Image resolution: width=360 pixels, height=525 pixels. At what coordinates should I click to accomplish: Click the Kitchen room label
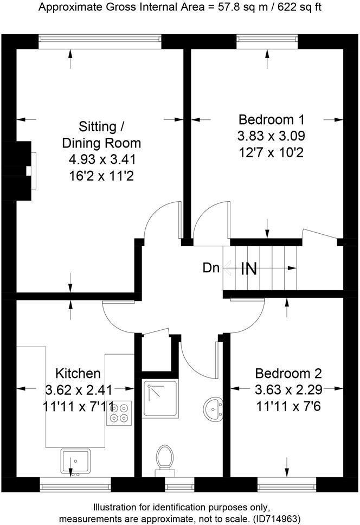(78, 373)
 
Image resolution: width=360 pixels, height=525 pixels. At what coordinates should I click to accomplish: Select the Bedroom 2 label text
(288, 373)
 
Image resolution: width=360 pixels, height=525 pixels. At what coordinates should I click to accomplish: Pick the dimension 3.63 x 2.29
(288, 389)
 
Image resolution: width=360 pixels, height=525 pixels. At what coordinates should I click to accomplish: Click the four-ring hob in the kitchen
(119, 412)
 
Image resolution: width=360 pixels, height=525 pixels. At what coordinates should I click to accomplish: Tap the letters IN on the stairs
(248, 268)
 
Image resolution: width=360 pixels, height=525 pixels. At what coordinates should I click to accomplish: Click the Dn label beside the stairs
(211, 267)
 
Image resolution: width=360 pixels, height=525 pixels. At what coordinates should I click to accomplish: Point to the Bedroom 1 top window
(267, 39)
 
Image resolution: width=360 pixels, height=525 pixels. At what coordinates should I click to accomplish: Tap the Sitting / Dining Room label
(101, 135)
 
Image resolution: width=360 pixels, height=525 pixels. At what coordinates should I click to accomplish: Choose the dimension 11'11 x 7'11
(78, 406)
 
